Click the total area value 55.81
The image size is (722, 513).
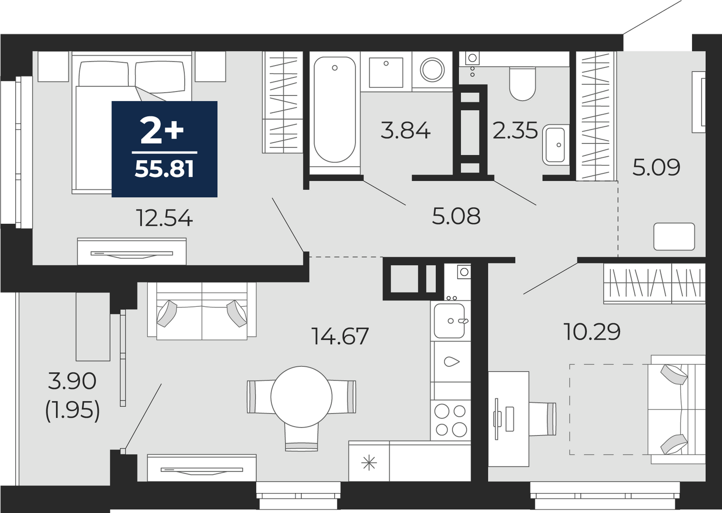pos(164,169)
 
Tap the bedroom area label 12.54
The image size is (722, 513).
pos(164,218)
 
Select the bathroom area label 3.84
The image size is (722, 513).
pos(405,131)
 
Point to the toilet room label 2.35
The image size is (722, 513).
pos(515,131)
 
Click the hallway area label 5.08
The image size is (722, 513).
pos(456,216)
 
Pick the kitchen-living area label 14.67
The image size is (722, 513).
pos(340,336)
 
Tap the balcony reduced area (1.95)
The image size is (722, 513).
pos(72,412)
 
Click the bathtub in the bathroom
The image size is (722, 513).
pos(335,110)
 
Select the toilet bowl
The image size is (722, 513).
pos(522,84)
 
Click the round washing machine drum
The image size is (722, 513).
pos(432,70)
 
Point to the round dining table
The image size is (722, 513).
pos(301,397)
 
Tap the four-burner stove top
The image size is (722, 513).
pos(451,420)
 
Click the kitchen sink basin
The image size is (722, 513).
pos(449,321)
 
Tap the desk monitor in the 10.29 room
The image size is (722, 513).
pos(496,419)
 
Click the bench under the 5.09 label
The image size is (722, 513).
pos(674,237)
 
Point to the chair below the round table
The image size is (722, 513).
pos(301,437)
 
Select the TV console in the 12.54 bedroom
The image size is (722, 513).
pos(132,251)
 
